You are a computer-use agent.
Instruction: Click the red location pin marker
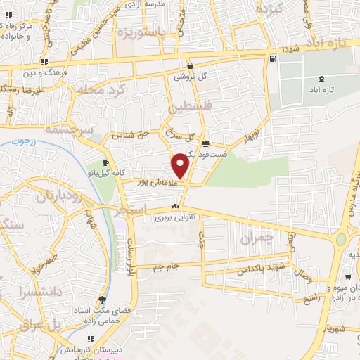(x=181, y=165)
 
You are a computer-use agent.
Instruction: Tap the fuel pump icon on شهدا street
(x=273, y=58)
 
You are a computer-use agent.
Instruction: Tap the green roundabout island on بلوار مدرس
(x=341, y=240)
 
